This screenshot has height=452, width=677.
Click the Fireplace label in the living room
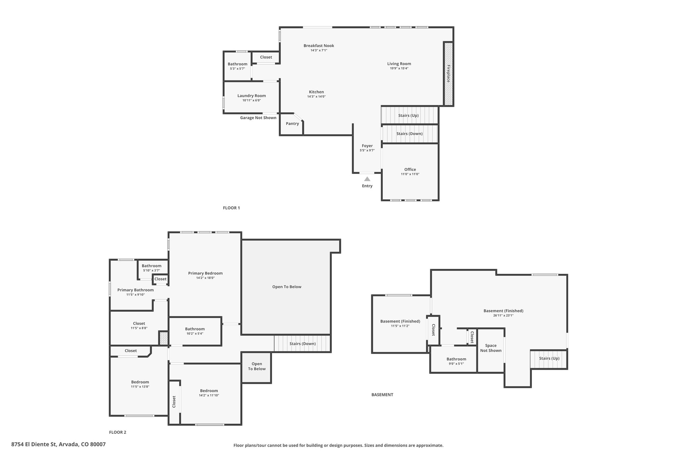click(449, 74)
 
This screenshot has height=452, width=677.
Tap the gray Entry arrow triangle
click(367, 179)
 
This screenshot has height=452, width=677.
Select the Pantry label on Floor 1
click(293, 124)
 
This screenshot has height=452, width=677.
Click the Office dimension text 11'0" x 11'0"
click(410, 174)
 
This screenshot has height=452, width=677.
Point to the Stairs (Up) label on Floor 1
click(409, 116)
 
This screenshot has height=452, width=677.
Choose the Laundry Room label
click(252, 96)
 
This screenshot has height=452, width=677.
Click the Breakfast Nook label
click(319, 46)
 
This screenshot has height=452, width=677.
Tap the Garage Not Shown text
click(258, 118)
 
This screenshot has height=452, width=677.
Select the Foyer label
click(367, 146)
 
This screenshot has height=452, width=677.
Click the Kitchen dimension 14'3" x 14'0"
click(317, 97)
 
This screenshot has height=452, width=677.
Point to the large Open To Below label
click(287, 287)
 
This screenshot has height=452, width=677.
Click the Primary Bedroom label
click(205, 273)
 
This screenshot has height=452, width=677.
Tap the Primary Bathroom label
click(136, 290)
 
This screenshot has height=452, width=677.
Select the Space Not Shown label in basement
click(491, 348)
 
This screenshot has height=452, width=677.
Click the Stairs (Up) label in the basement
click(549, 358)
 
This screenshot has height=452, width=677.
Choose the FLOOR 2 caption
click(118, 432)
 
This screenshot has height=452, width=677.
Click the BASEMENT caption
click(382, 395)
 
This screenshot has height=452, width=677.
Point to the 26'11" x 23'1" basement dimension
click(503, 316)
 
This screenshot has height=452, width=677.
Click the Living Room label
click(399, 64)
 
